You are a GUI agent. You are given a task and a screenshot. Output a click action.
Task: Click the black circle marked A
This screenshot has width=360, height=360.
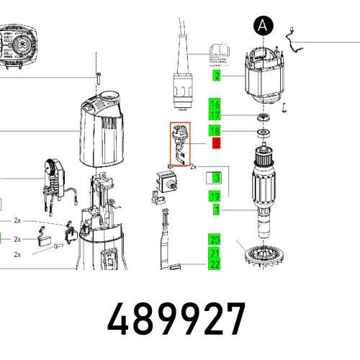[x=264, y=25]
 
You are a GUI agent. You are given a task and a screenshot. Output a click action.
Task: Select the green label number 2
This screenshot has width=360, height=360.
[x=217, y=76]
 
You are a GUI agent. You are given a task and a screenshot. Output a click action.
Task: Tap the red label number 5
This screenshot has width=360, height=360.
[x=217, y=143]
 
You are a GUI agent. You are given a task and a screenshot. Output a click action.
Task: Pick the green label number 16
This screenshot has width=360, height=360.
[x=215, y=104]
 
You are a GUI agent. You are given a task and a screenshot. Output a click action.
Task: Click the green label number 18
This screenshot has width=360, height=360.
[x=215, y=131]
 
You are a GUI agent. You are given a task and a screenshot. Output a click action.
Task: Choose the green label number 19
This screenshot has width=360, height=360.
[x=215, y=197]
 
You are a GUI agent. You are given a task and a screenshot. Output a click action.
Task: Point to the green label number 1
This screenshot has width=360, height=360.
[x=217, y=210]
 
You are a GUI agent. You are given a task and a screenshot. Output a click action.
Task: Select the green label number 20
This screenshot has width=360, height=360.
[x=215, y=240]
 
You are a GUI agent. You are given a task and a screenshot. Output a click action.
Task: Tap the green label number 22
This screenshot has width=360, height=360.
[x=215, y=264]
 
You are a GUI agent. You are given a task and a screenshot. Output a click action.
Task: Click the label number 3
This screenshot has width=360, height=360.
[x=217, y=178]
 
